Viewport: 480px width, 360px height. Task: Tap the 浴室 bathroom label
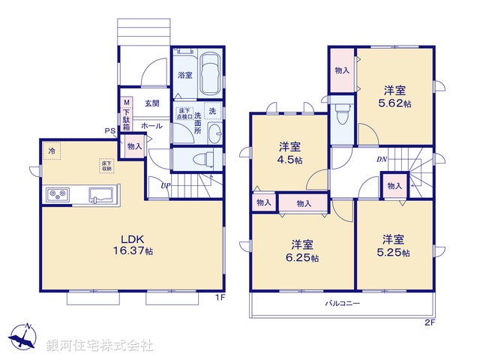[x=184, y=75]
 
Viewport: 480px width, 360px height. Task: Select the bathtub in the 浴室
[x=210, y=74]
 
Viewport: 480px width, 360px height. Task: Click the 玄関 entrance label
[x=152, y=103]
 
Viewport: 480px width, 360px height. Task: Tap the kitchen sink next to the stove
[x=100, y=196]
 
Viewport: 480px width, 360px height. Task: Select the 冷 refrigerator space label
[x=52, y=152]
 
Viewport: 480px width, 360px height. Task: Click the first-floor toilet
[x=199, y=160]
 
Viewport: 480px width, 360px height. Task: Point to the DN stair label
[x=381, y=159]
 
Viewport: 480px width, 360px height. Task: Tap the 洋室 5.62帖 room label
[x=395, y=94]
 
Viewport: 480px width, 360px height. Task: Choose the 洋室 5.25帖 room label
[x=394, y=246]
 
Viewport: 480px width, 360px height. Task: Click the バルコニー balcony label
[x=343, y=304]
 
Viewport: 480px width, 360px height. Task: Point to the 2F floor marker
[x=429, y=322]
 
